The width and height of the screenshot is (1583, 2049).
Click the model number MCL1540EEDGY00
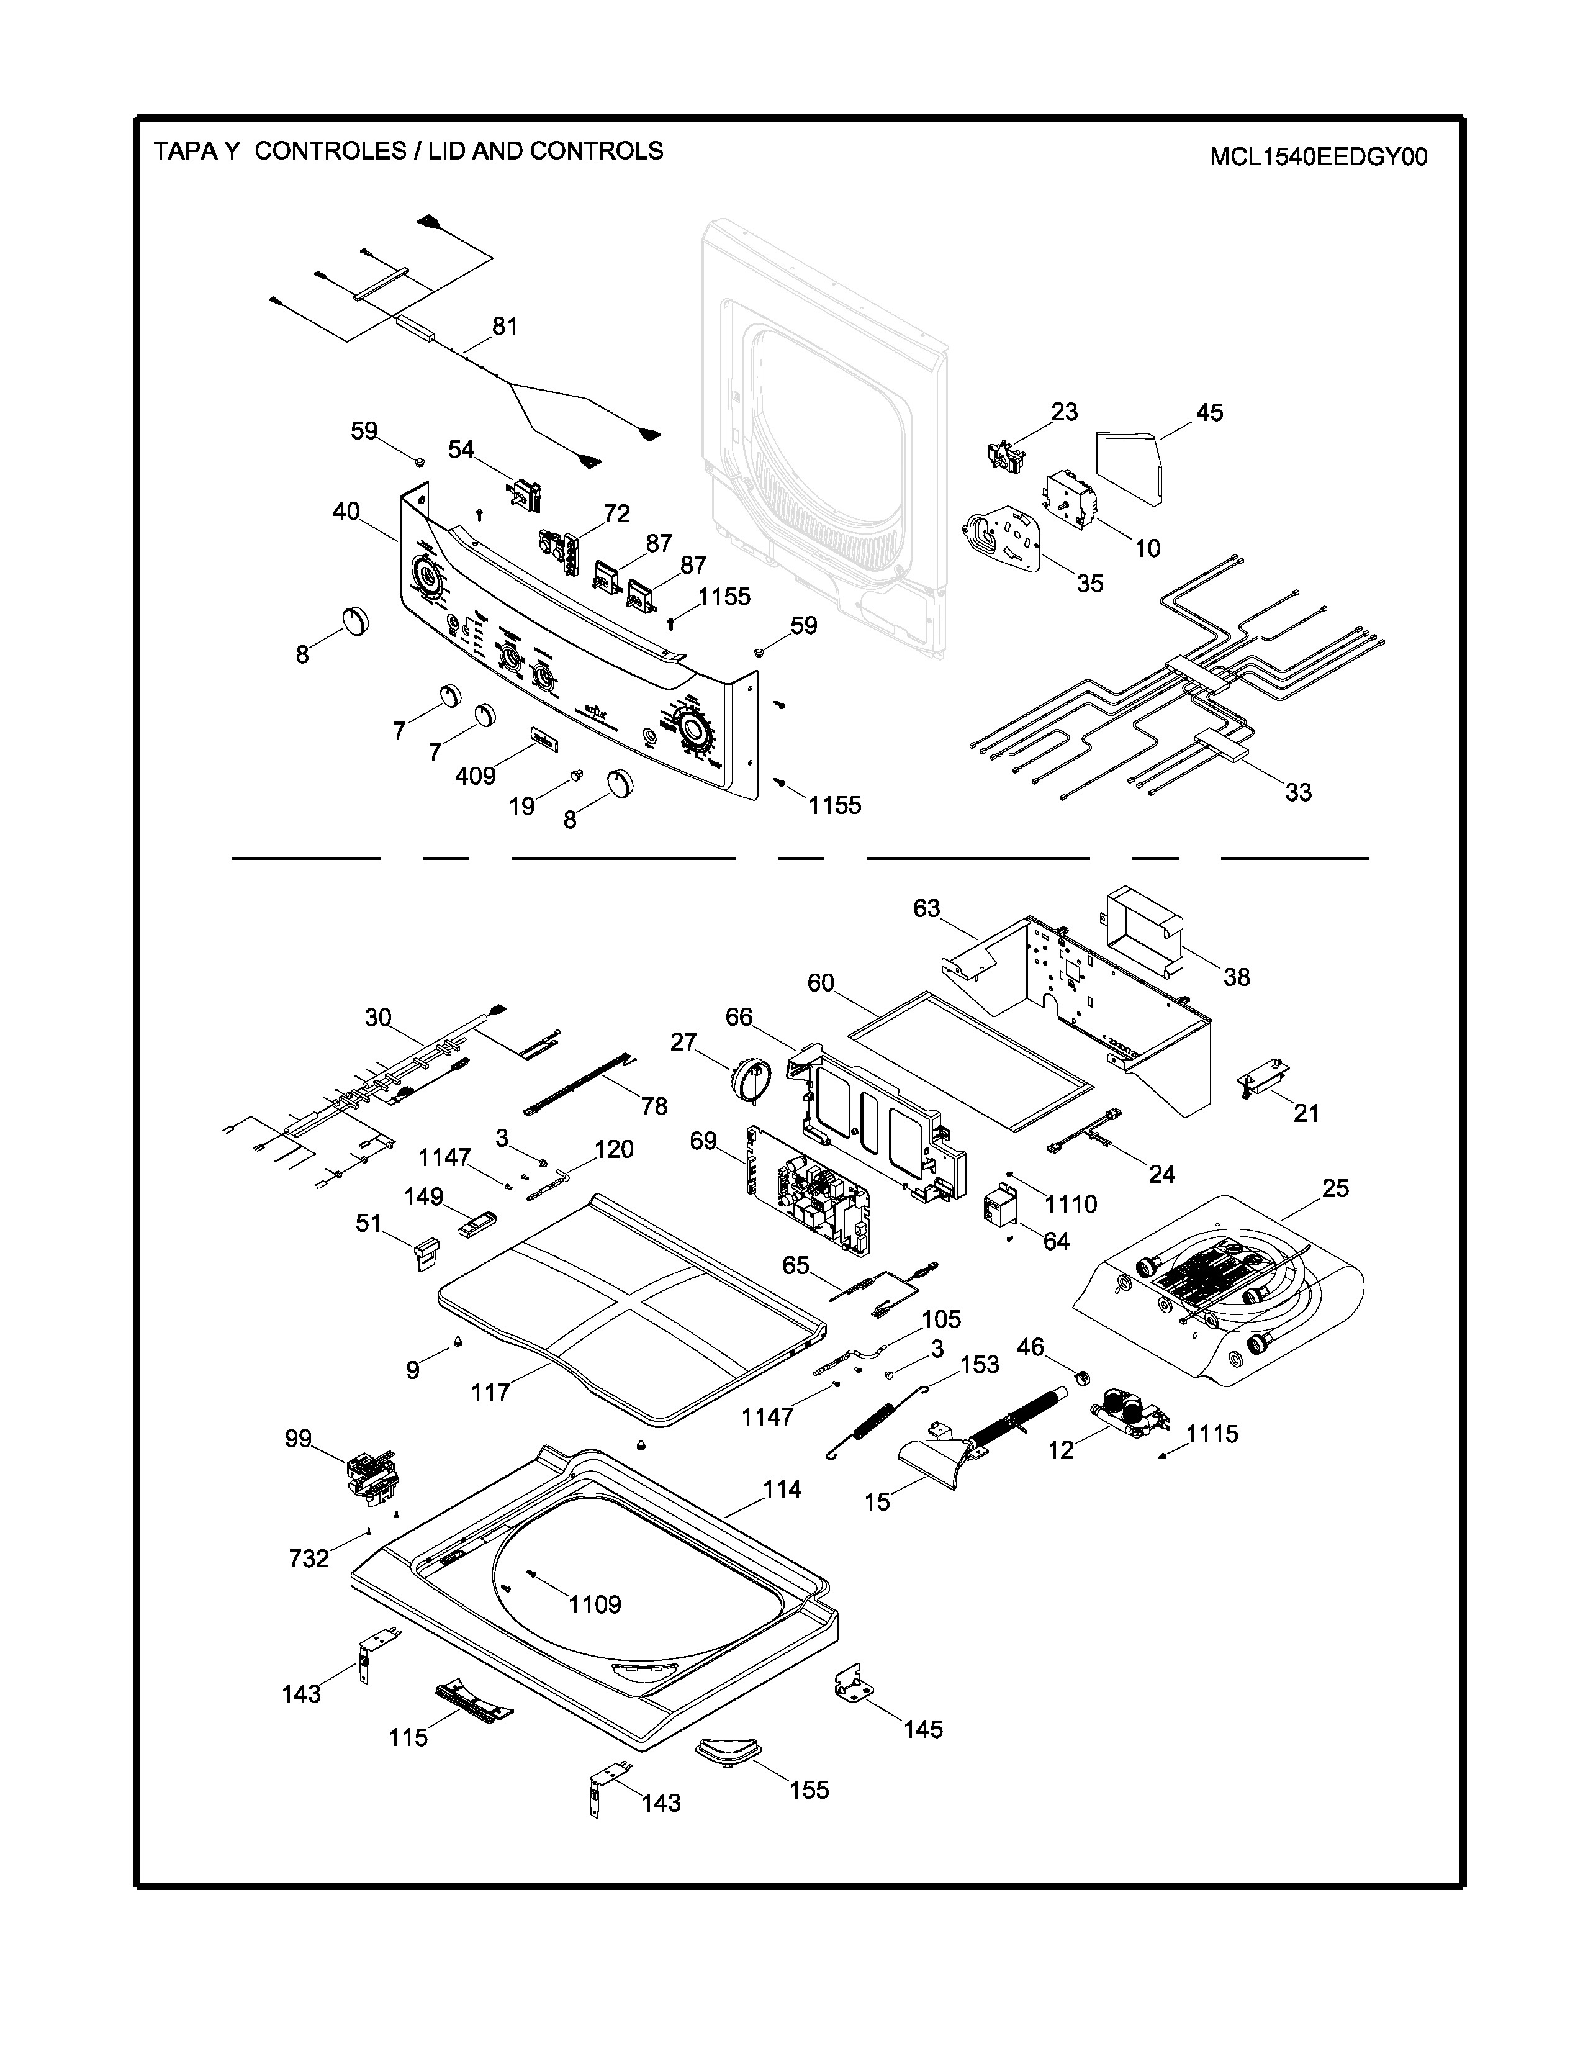click(1317, 156)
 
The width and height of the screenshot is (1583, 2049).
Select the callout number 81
click(505, 327)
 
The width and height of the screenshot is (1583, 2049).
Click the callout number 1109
click(595, 1604)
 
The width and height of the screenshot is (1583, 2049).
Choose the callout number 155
click(808, 1790)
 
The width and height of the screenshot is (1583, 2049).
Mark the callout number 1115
click(1212, 1434)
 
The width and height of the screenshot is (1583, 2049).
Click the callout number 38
click(1236, 977)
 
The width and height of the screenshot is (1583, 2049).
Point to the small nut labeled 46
click(1080, 1377)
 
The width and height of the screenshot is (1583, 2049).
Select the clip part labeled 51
click(426, 1252)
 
